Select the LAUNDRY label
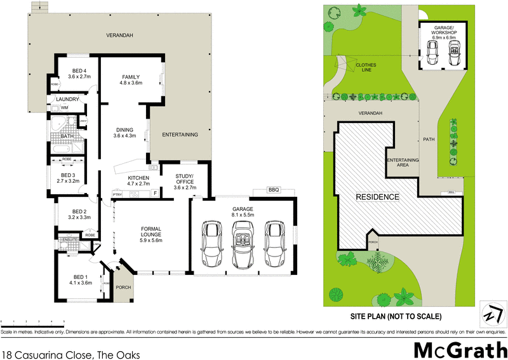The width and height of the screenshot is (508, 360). tap(67, 99)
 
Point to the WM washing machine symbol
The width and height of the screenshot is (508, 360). tap(64, 108)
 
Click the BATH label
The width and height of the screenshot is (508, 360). tap(67, 136)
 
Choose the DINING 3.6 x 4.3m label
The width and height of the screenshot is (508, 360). tap(124, 132)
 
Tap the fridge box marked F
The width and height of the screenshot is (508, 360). tap(154, 192)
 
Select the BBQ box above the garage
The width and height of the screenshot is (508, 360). tap(274, 190)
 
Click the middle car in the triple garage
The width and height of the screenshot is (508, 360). tap(242, 244)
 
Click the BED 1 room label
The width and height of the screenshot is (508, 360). tap(80, 279)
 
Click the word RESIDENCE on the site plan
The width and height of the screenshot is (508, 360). tap(378, 197)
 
